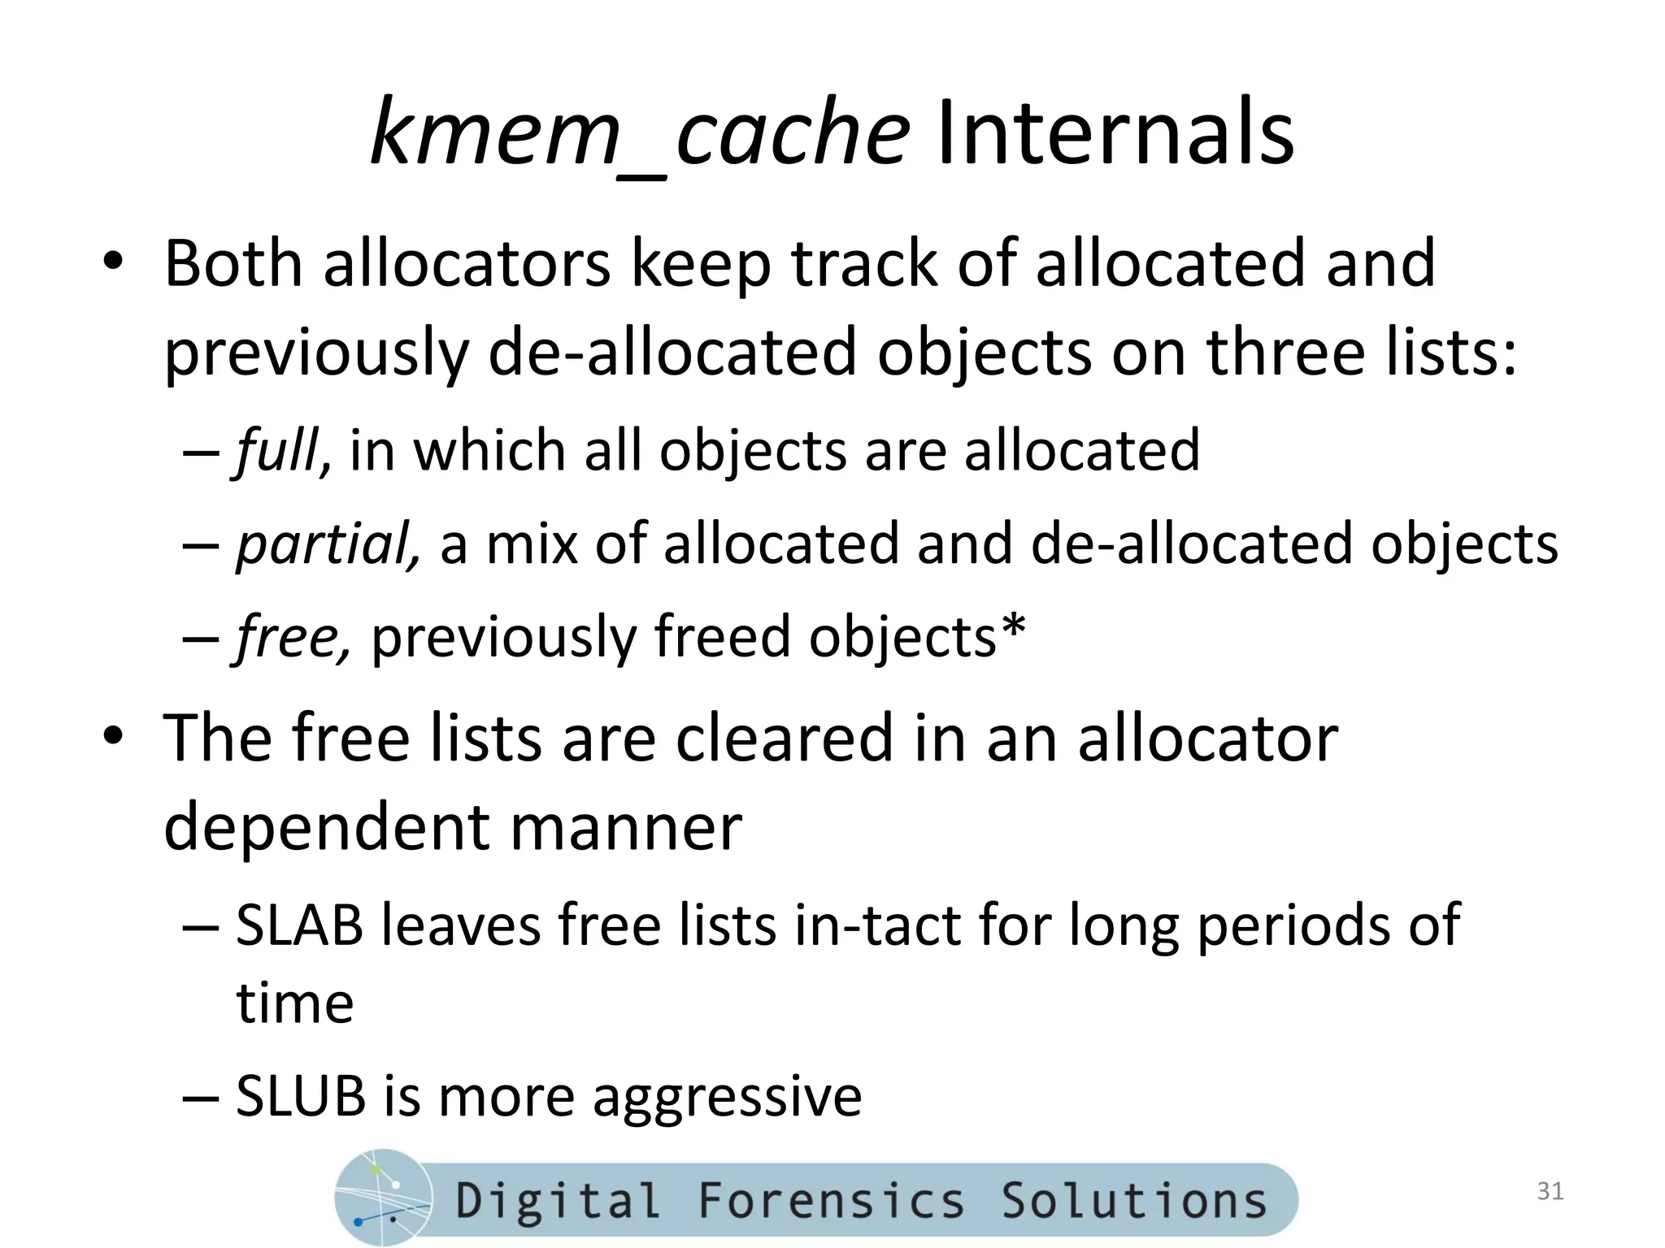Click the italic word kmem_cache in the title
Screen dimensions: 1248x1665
[639, 133]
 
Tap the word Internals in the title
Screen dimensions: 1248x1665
[1115, 133]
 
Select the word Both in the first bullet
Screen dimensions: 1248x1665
[233, 263]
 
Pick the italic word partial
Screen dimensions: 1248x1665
[327, 544]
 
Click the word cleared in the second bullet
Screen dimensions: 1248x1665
[784, 738]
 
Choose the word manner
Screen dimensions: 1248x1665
[626, 827]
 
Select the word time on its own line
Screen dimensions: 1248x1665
[295, 1003]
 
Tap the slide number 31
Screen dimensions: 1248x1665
[1550, 1191]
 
